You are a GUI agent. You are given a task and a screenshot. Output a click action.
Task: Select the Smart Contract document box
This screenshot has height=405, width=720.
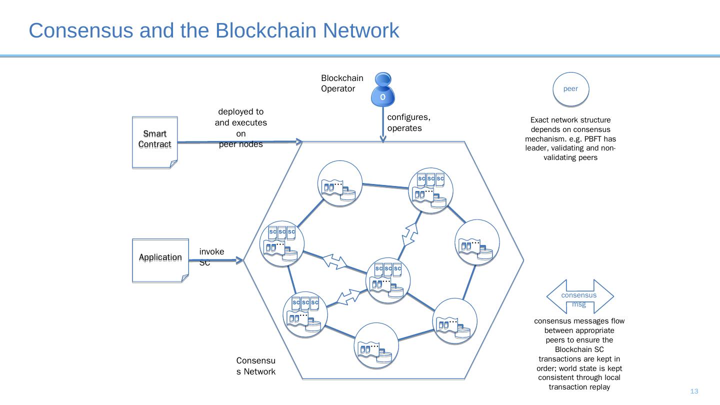pos(154,142)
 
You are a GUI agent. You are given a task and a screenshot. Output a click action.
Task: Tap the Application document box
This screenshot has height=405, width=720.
pos(160,260)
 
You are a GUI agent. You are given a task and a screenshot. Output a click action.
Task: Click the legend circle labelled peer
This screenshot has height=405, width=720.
pos(570,89)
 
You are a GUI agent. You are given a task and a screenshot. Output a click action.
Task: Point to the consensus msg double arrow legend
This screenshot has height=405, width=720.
pos(579,296)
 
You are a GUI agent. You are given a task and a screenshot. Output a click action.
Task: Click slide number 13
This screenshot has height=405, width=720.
pos(694,391)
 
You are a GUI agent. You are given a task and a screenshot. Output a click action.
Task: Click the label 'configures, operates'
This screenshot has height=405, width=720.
pos(408,122)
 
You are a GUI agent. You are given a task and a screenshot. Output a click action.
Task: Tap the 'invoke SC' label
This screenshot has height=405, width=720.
pos(211,256)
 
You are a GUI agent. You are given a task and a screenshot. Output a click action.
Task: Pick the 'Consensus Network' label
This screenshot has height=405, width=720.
pos(255,366)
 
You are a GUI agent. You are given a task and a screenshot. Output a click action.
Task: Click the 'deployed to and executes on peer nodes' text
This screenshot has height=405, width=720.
pos(240,128)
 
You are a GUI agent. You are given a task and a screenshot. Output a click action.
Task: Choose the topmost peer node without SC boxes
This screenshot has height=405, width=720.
pos(340,182)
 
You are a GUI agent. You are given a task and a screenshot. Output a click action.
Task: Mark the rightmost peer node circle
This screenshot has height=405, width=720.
pos(477,242)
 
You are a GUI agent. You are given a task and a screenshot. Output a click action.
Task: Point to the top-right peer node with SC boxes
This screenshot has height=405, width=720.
pos(430,190)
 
